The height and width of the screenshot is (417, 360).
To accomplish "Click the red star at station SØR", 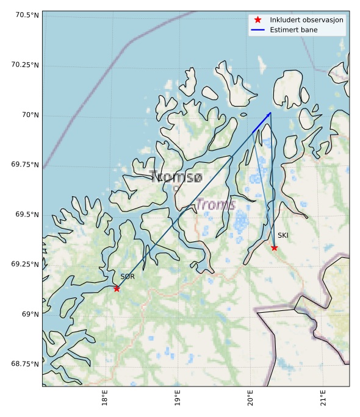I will (117, 288).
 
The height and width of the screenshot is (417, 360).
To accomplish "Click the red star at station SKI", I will (274, 248).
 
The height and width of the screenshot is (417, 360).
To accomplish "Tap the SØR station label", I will (127, 277).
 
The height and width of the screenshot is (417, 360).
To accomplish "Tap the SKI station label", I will (283, 235).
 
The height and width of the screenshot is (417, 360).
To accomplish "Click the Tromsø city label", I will (176, 177).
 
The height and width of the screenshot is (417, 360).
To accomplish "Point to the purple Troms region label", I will (215, 205).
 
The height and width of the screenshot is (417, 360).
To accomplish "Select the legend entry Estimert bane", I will (292, 29).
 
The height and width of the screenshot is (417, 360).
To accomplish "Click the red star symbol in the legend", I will (257, 20).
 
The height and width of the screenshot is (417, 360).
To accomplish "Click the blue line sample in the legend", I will (257, 29).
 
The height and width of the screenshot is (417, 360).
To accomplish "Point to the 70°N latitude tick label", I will (30, 115).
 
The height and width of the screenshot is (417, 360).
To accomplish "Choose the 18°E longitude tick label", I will (105, 398).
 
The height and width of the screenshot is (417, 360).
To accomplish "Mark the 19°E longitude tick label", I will (177, 398).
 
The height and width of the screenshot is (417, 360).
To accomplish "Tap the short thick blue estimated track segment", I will (261, 123).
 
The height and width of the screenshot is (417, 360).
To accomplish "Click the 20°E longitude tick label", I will (250, 398).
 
